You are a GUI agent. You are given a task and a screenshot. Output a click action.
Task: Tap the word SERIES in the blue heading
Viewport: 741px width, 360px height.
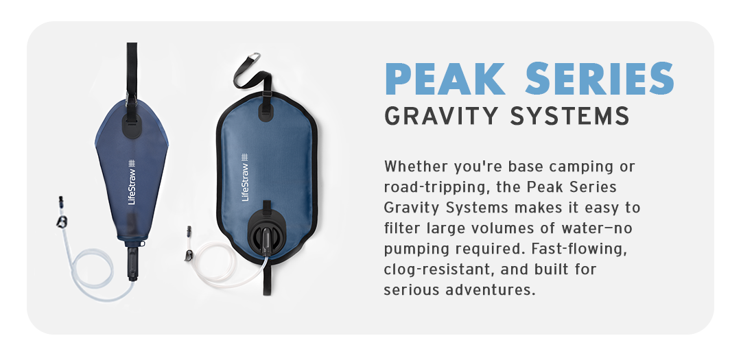[599, 78]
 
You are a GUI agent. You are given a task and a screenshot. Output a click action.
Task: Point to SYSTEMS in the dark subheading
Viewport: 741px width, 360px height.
[569, 115]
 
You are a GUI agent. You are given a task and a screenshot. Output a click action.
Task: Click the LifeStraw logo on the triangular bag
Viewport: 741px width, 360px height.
[132, 182]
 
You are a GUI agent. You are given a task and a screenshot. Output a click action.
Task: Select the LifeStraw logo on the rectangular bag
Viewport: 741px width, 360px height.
[245, 177]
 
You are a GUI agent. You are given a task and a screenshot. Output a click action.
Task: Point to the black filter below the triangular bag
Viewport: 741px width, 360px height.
[133, 261]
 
